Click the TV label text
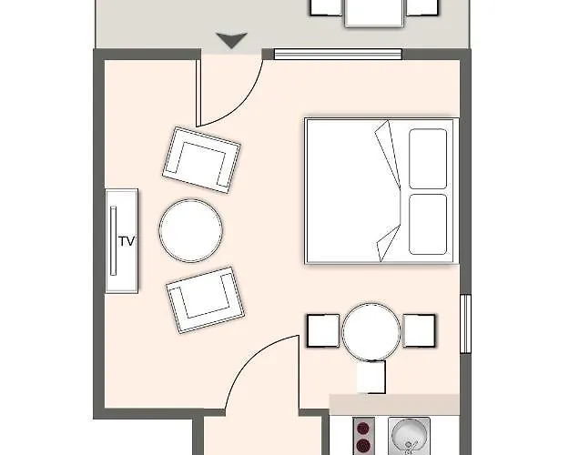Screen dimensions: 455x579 127,241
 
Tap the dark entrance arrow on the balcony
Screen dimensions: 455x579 232,40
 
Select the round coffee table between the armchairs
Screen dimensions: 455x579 190,230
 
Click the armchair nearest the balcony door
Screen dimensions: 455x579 201,158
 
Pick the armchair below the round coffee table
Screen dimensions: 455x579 205,299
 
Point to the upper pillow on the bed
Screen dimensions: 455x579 427,159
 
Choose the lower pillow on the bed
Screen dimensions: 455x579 427,224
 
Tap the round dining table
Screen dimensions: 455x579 371,330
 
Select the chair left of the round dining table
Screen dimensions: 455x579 323,330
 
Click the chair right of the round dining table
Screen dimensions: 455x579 419,330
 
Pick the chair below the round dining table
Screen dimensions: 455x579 371,377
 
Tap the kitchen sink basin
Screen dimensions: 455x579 407,434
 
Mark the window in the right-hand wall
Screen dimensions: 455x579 464,323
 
